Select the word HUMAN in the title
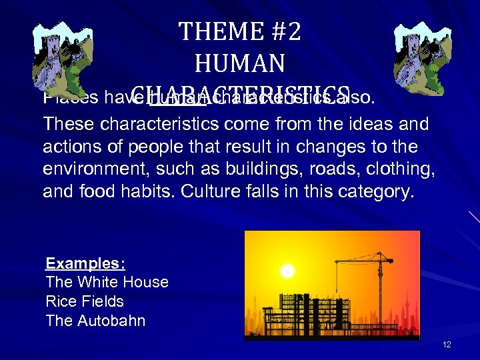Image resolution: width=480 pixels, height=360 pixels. (240, 63)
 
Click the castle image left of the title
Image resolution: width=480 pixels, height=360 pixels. (60, 55)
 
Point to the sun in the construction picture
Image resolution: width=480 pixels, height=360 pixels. (287, 271)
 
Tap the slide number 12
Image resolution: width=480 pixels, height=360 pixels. (447, 344)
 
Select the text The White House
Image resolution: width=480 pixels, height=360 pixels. (107, 282)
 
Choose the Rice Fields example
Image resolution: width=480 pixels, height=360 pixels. (85, 301)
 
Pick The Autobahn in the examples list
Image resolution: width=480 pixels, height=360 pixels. (95, 321)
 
